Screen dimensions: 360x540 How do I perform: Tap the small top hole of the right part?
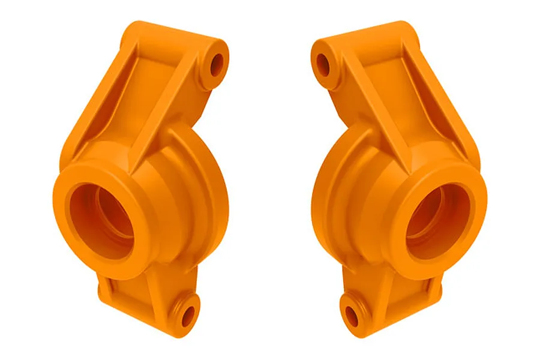point(323,62)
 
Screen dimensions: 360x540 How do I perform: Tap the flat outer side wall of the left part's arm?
point(90,114)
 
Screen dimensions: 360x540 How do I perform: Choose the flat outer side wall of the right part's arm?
point(450,114)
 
